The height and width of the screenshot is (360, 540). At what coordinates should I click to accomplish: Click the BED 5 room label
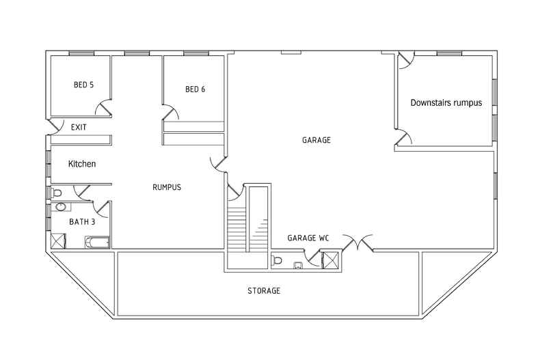tap(83, 85)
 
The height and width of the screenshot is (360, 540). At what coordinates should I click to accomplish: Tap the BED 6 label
tap(195, 89)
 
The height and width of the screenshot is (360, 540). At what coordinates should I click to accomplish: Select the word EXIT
tap(79, 128)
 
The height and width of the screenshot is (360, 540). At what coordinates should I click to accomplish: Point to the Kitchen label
tap(82, 164)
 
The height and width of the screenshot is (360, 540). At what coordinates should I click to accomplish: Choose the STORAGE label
tap(264, 291)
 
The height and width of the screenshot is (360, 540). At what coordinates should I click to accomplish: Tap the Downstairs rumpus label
tap(446, 103)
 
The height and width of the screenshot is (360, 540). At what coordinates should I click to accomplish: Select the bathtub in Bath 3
tap(96, 241)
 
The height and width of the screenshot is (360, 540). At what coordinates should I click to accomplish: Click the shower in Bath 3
tap(58, 240)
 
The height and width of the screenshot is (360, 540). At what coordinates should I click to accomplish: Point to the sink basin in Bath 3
tap(60, 206)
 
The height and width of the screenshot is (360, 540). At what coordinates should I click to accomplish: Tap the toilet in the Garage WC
tap(278, 260)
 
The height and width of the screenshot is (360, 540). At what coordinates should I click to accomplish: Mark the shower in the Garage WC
tap(331, 260)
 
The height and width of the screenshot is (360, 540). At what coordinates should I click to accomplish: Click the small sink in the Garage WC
tap(299, 265)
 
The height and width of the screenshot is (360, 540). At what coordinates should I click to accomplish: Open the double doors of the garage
tap(357, 241)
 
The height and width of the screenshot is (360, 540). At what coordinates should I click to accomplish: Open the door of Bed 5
tap(105, 108)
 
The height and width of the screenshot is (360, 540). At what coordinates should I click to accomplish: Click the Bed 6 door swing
tap(171, 113)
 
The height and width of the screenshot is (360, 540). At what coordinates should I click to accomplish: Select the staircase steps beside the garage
tap(237, 229)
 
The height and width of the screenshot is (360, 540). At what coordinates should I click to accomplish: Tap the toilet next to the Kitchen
tap(57, 192)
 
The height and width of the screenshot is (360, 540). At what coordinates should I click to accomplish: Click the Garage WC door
tap(314, 258)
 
